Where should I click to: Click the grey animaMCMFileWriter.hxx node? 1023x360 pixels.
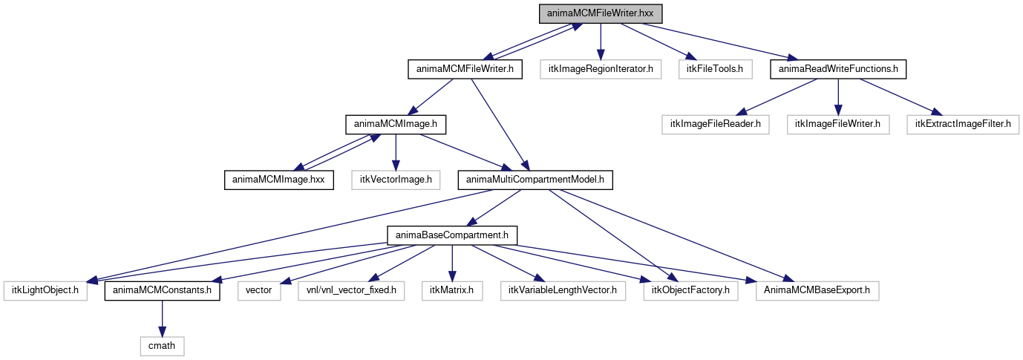coord(600,13)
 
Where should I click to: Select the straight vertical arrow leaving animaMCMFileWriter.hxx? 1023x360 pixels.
coord(600,41)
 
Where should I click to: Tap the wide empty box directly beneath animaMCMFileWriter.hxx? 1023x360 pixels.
coord(600,69)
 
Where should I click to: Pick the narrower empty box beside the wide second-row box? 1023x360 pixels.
coord(715,69)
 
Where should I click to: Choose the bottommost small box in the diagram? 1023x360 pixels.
coord(162,346)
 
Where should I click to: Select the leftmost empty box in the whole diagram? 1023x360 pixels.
coord(45,291)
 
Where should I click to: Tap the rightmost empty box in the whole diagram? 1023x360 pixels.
coord(962,125)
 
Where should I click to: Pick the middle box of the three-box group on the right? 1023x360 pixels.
coord(837,125)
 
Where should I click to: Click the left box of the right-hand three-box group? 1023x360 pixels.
coord(715,125)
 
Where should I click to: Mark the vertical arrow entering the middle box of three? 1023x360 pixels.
coord(837,96)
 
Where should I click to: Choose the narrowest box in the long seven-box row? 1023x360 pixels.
coord(259,291)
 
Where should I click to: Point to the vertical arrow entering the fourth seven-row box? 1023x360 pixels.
coord(452,264)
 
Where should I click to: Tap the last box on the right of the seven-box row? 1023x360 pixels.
coord(817,291)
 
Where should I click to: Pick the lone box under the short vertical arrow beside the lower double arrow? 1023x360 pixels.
coord(396,180)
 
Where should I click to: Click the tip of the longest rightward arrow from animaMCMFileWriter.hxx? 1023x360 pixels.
coord(797,59)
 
